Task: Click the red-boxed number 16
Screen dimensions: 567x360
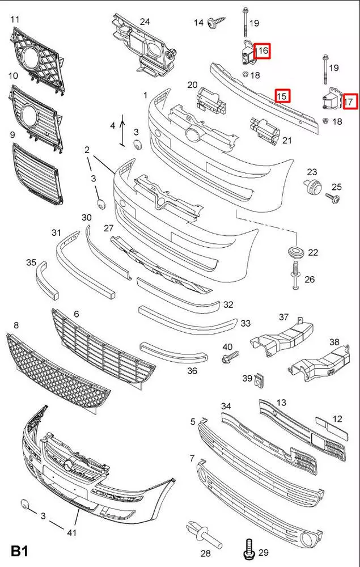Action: (x=262, y=51)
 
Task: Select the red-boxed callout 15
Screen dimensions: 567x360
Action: (x=282, y=95)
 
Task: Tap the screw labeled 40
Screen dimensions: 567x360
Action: (x=231, y=357)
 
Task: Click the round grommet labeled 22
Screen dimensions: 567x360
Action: (x=295, y=251)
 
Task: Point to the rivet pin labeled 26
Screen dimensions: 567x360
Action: (x=295, y=272)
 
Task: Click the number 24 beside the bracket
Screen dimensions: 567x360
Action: (x=145, y=22)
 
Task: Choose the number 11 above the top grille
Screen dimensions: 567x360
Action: (x=15, y=19)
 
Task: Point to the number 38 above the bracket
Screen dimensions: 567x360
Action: (x=334, y=342)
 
